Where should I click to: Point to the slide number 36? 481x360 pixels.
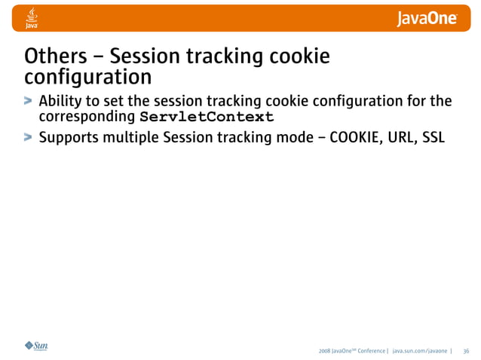(466, 351)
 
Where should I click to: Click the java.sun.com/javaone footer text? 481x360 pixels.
(419, 351)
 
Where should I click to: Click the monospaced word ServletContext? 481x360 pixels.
(207, 117)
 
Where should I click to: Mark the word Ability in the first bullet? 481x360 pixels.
(60, 101)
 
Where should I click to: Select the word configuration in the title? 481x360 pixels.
(87, 78)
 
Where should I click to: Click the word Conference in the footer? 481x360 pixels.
(369, 351)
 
